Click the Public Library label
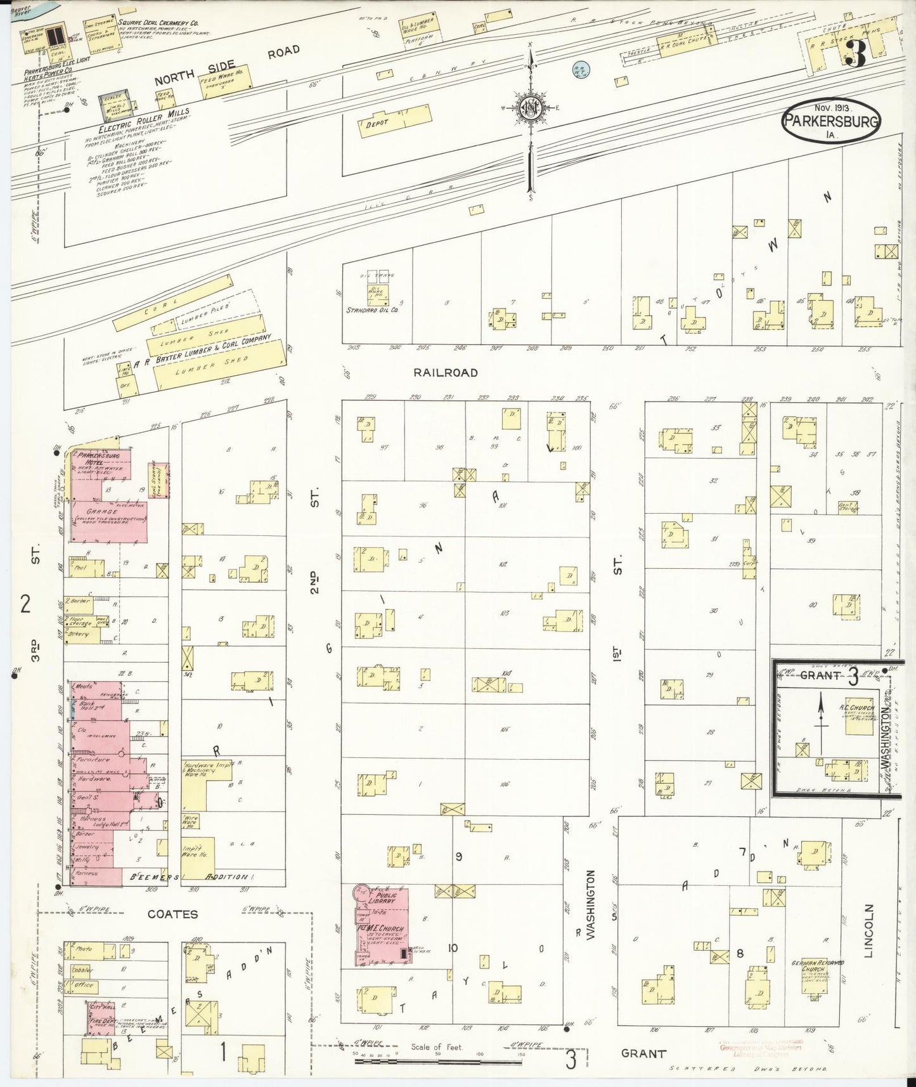click(x=383, y=899)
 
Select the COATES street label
click(x=172, y=914)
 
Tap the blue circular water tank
click(x=580, y=67)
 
